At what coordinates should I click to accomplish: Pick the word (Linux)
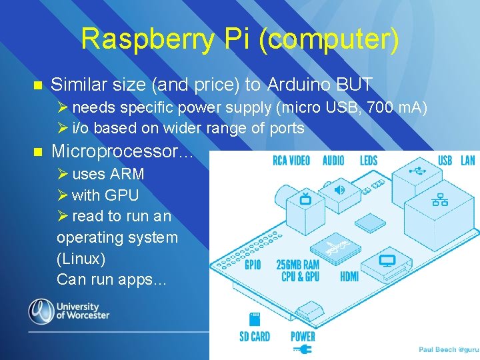pyautogui.click(x=81, y=258)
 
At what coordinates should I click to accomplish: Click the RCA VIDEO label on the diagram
pyautogui.click(x=291, y=160)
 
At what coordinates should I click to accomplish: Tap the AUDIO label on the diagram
pyautogui.click(x=333, y=160)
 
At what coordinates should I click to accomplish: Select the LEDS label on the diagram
pyautogui.click(x=368, y=160)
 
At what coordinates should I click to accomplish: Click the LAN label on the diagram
pyautogui.click(x=468, y=160)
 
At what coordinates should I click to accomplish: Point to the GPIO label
pyautogui.click(x=253, y=265)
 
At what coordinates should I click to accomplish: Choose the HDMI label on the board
pyautogui.click(x=349, y=276)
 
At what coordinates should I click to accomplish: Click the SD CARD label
pyautogui.click(x=255, y=337)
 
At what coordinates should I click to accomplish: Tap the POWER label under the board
pyautogui.click(x=303, y=337)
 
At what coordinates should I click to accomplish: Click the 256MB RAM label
pyautogui.click(x=297, y=265)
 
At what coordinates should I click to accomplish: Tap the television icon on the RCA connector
pyautogui.click(x=306, y=198)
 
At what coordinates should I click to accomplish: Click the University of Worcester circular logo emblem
pyautogui.click(x=41, y=311)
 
